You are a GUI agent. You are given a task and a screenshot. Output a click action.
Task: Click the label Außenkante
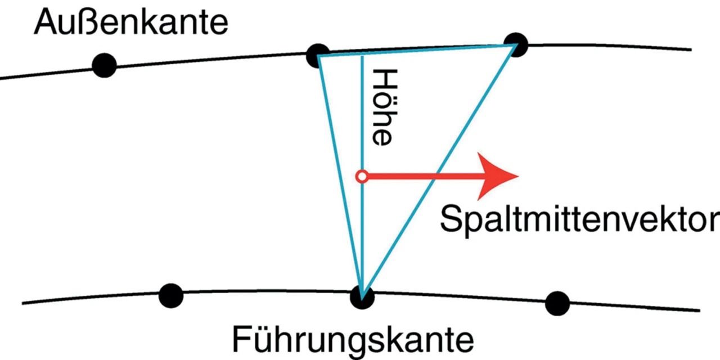click(131, 24)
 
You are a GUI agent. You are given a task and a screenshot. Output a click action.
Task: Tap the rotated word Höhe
click(380, 107)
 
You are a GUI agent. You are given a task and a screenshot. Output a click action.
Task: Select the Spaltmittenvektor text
click(579, 219)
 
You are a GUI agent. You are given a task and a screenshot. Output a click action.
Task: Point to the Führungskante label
click(353, 340)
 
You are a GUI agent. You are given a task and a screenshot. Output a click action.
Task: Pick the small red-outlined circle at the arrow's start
click(362, 177)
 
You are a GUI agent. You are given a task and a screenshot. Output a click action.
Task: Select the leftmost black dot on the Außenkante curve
click(104, 66)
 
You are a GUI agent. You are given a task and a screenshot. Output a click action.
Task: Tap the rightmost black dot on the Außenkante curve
click(515, 44)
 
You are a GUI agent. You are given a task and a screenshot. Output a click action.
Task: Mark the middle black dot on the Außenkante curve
click(318, 55)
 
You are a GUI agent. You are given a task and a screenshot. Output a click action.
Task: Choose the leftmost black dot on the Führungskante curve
click(171, 296)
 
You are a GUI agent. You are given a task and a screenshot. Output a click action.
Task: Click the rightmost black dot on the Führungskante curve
click(557, 303)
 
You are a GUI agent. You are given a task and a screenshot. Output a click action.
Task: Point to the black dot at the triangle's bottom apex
click(362, 297)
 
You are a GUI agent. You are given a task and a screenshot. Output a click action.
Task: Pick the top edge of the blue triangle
click(416, 50)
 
